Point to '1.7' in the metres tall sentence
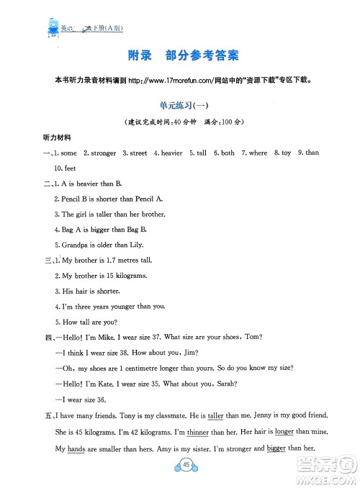(117, 260)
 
